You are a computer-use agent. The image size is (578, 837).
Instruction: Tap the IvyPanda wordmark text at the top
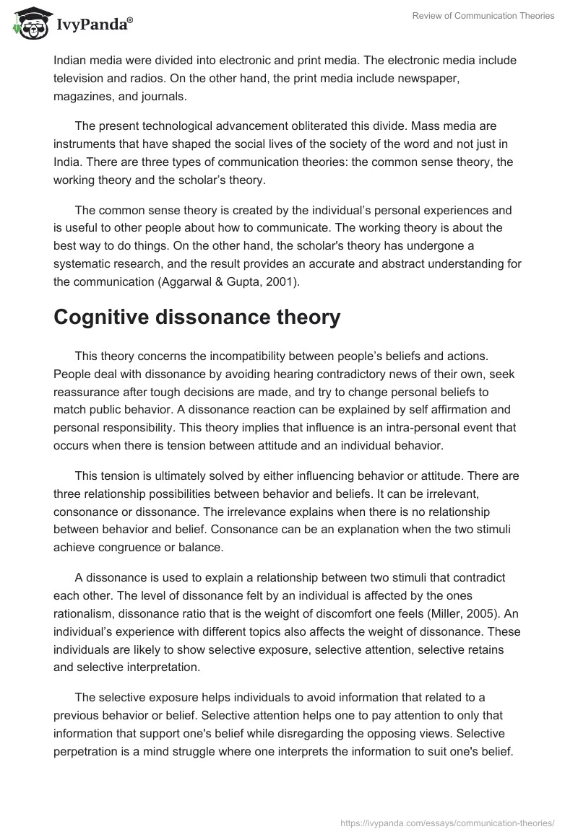pos(92,25)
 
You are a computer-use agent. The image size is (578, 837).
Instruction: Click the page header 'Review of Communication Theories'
pos(483,16)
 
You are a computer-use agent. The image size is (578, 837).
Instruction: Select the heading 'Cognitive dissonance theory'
pos(197,318)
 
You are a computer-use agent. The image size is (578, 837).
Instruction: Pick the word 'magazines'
pos(83,96)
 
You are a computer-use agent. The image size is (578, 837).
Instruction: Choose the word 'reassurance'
pos(88,393)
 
